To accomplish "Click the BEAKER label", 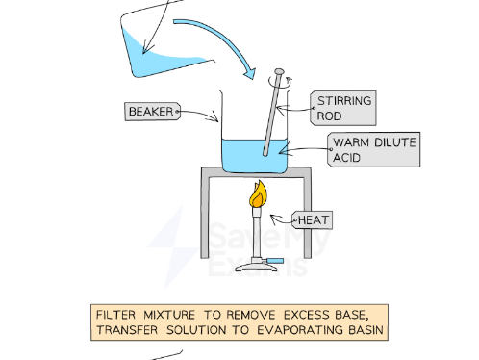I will (152, 112).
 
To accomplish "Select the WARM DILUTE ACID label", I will (373, 149).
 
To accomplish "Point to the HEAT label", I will (313, 220).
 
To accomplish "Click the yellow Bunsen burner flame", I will (257, 196).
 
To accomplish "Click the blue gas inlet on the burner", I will (275, 259).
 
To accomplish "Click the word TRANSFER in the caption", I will (129, 331).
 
